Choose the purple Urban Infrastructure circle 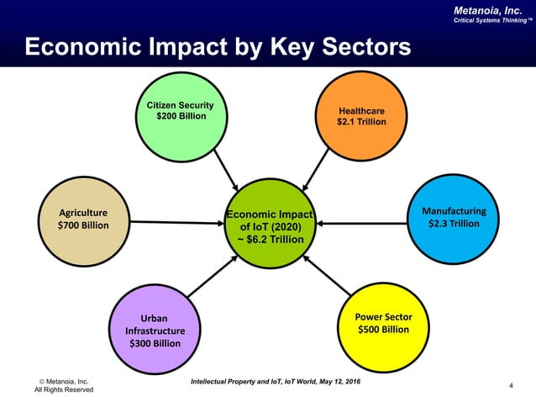[x=154, y=330]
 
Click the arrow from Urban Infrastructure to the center [x=213, y=275]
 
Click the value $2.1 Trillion [x=361, y=122]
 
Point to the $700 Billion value [x=81, y=225]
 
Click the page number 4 [x=512, y=385]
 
